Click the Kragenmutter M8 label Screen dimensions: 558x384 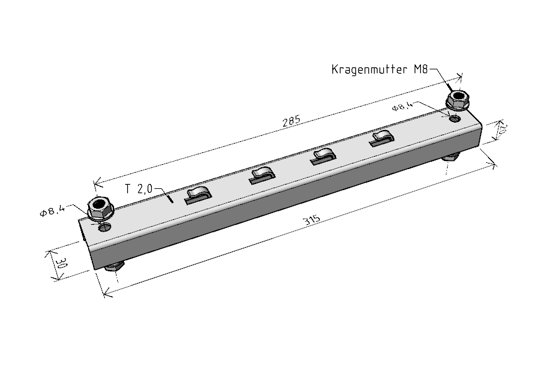379,69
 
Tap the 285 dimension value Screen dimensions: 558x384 291,121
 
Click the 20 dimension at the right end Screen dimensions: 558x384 501,131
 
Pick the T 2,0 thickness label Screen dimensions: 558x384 139,189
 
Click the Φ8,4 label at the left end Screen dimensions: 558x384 53,211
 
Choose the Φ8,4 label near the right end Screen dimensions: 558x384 402,106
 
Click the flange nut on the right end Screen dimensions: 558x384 458,99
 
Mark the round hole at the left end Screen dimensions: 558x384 105,227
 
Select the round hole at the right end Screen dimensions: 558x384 454,118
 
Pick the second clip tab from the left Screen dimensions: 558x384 262,175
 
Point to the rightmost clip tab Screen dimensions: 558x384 381,138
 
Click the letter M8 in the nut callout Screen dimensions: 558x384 420,69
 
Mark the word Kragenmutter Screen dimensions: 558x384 370,69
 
